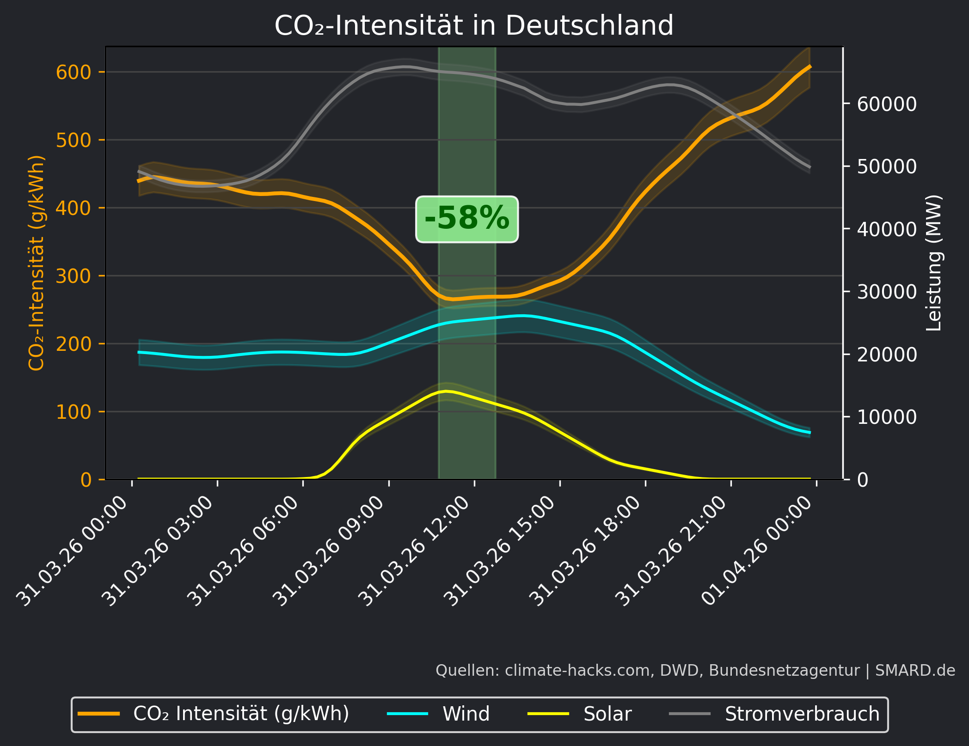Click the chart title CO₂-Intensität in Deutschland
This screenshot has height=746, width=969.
click(474, 25)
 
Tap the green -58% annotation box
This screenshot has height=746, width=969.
click(467, 219)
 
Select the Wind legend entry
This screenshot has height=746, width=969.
click(466, 714)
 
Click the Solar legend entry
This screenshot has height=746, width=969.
click(607, 714)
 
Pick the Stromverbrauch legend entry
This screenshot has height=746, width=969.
click(802, 714)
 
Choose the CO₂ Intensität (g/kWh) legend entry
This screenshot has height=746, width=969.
click(240, 714)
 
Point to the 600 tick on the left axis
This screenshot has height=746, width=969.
click(74, 72)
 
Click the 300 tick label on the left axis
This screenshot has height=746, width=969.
click(74, 276)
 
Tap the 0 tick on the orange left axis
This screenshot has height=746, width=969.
click(86, 480)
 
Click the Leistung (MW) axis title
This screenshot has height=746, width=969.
click(934, 263)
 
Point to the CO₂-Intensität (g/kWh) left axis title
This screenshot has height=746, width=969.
click(37, 263)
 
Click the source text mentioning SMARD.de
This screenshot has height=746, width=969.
click(695, 670)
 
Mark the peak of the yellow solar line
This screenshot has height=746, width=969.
click(446, 391)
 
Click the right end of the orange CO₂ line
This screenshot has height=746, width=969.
click(810, 67)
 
